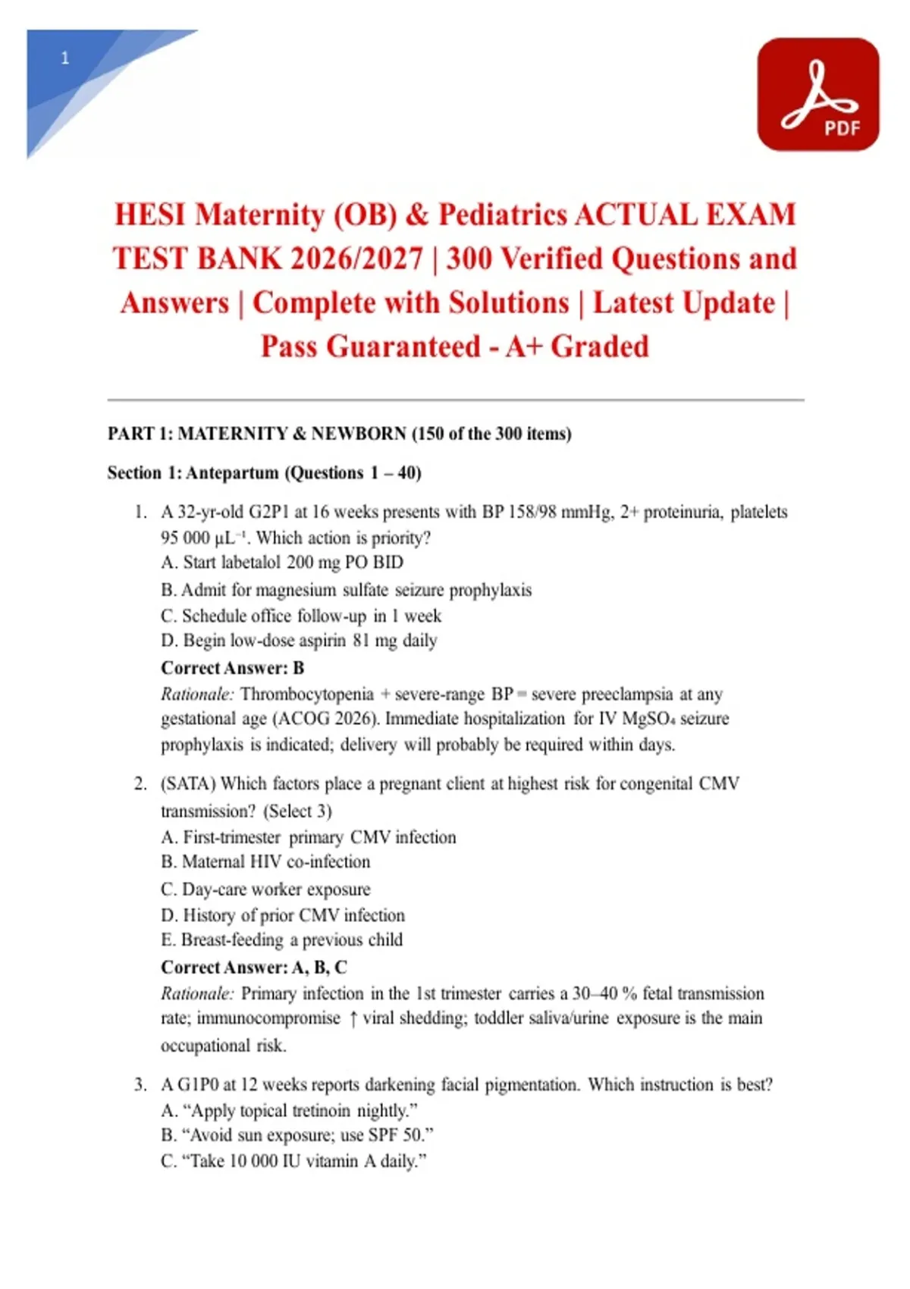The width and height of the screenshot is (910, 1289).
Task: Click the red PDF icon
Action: point(817,94)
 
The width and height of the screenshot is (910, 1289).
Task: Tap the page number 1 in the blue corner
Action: point(65,58)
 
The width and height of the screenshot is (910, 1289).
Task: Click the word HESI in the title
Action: point(149,215)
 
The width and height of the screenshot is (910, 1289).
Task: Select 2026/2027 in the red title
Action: point(356,259)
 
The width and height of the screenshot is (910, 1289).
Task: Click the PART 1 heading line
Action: point(339,434)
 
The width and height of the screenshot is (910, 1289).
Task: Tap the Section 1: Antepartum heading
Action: point(264,473)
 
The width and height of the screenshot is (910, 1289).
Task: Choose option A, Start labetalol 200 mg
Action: point(282,563)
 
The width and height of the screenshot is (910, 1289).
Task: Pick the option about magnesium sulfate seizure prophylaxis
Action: point(347,590)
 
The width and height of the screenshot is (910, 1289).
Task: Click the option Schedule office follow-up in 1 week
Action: point(301,616)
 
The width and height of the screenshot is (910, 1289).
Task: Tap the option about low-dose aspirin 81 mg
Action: point(299,641)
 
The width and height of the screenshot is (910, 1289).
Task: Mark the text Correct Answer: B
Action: point(233,668)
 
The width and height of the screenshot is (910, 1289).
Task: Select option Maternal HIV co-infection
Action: point(265,862)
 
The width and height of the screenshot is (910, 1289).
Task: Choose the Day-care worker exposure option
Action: point(265,889)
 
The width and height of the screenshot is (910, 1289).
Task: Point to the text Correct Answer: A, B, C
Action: point(254,968)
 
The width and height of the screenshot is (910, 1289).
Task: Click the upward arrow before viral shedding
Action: point(353,1019)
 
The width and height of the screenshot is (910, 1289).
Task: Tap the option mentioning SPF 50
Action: point(297,1135)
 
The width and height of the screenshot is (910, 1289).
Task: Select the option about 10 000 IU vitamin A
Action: point(293,1161)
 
